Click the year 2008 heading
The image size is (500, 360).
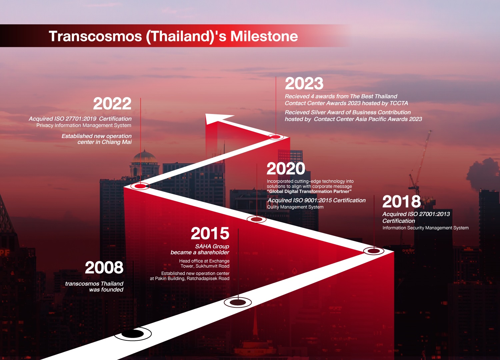coord(104,267)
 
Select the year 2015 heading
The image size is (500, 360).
coord(210,233)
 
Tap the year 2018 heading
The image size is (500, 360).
coord(402,201)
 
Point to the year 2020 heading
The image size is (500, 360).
coord(286,169)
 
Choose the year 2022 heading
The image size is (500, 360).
coord(112,103)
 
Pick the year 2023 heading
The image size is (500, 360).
coord(304,83)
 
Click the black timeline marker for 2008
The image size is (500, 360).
coord(133,334)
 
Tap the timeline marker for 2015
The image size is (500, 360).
coord(238,303)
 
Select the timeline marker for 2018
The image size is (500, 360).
coord(374,251)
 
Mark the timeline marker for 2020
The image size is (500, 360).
coord(256,219)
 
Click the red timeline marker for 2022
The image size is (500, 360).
coord(140,186)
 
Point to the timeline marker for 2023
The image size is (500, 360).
coord(276,137)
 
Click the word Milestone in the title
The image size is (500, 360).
coord(264,36)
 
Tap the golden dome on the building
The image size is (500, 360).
coord(145,157)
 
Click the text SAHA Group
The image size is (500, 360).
coord(212,246)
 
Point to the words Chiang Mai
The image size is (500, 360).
coord(117,142)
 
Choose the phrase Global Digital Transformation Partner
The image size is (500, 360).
coord(309,191)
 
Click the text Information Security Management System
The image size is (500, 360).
coord(425,228)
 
